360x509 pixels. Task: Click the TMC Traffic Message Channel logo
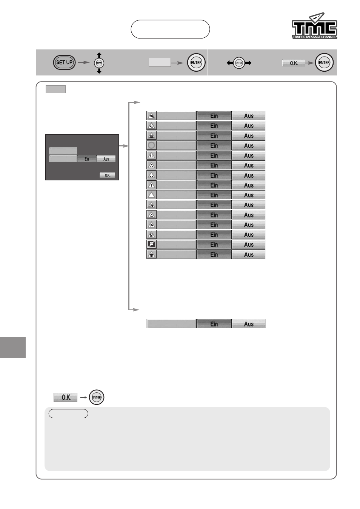[x=314, y=26]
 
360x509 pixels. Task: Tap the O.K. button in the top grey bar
[x=294, y=63]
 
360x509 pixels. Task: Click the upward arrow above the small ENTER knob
[x=99, y=55]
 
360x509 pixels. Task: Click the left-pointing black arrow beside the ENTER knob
[x=230, y=63]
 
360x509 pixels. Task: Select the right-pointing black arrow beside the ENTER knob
[x=248, y=63]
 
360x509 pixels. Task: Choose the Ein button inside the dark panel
[x=87, y=159]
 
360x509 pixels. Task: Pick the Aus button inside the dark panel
[x=106, y=159]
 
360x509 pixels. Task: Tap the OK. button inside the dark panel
[x=107, y=175]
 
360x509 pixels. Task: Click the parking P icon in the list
[x=151, y=245]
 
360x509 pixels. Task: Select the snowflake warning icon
[x=151, y=254]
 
